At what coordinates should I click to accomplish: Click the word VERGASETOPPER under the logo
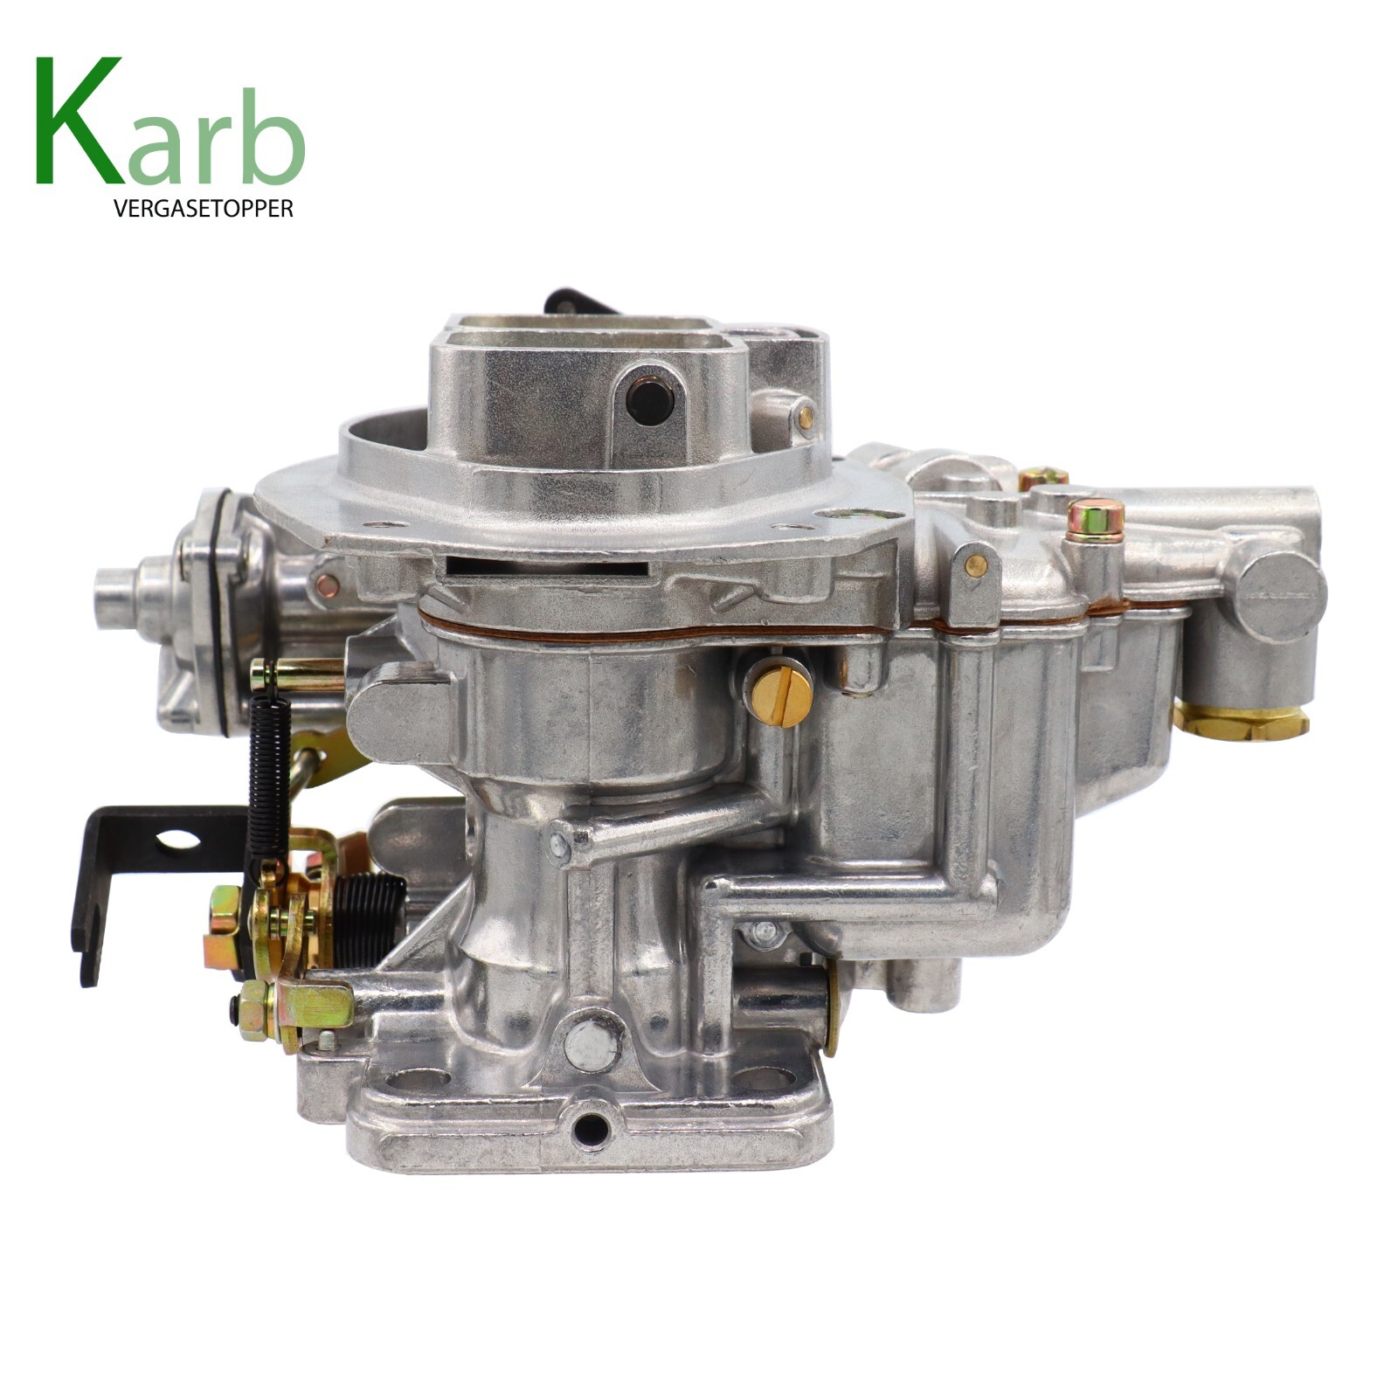[x=203, y=210]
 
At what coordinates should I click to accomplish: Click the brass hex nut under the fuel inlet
[x=1241, y=720]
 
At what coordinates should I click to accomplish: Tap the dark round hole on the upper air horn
[x=650, y=400]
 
